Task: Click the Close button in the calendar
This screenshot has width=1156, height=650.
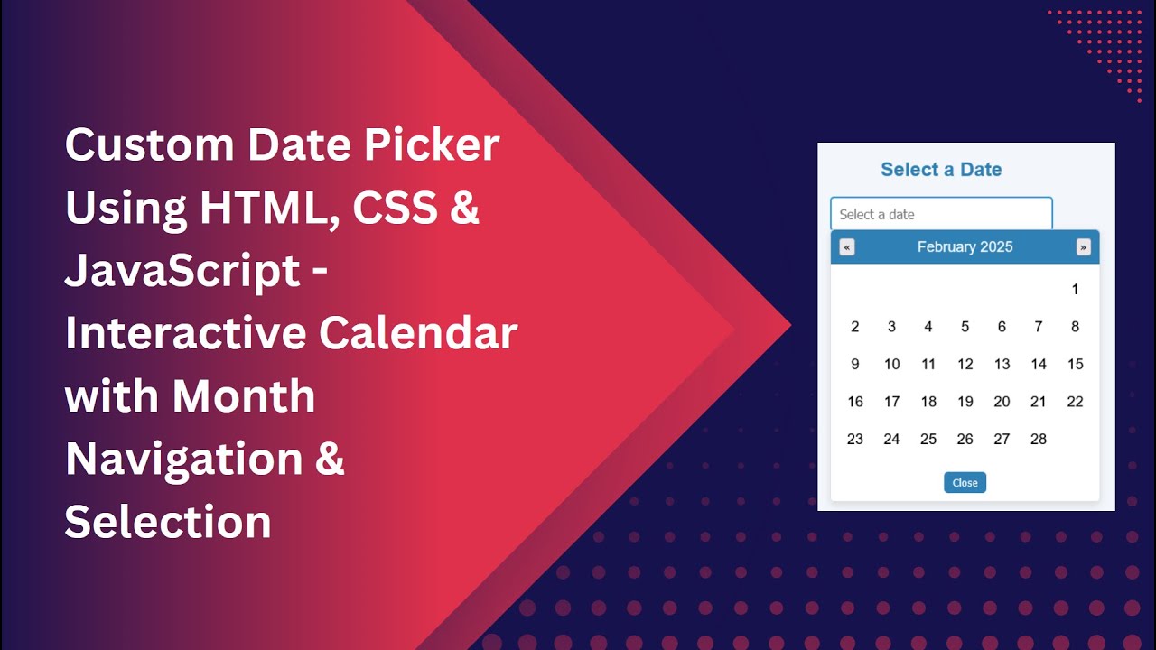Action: click(x=965, y=483)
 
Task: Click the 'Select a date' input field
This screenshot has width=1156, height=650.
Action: click(x=941, y=214)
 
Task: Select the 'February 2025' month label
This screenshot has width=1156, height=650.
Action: click(x=965, y=247)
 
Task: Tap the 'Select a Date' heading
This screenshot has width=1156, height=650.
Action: click(x=941, y=170)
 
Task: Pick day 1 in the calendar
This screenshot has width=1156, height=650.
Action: click(x=1075, y=290)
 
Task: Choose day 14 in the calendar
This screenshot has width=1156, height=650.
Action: click(x=1039, y=365)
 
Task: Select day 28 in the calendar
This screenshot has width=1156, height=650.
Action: click(x=1039, y=440)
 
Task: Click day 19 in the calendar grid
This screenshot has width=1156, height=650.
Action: click(x=965, y=402)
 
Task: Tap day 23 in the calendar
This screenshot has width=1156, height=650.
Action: click(x=854, y=440)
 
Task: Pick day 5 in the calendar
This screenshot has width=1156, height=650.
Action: click(x=965, y=327)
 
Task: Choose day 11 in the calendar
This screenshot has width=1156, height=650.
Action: click(x=928, y=365)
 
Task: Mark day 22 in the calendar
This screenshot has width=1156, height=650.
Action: click(x=1075, y=402)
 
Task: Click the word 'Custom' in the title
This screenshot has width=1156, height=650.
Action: click(x=145, y=145)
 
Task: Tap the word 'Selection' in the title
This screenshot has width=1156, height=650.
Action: click(x=168, y=522)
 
